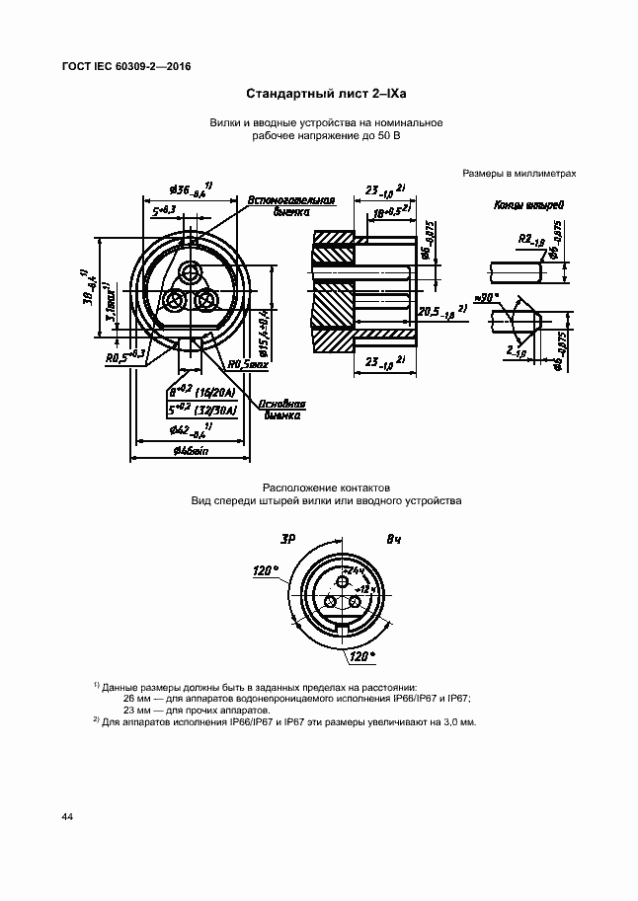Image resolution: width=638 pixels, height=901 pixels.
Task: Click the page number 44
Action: [67, 817]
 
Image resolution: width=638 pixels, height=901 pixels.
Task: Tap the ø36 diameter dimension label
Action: [188, 189]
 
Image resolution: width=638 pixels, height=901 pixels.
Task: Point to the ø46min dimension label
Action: [190, 450]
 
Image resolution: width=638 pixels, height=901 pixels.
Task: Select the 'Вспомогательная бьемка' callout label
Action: [291, 205]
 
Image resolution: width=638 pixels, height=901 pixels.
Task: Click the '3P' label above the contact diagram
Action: [288, 539]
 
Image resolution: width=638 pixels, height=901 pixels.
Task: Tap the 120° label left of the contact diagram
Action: [266, 570]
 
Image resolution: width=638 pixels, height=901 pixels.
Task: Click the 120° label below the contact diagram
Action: [362, 655]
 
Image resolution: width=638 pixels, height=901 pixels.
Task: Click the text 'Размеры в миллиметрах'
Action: [518, 173]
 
